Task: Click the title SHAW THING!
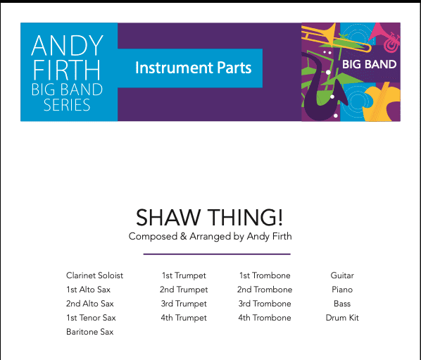(209, 218)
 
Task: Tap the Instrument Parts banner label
(194, 68)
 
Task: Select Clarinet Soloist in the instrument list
(94, 275)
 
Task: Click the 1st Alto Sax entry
(88, 290)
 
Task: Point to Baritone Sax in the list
(89, 332)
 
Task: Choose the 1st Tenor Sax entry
(91, 318)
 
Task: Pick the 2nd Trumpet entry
(184, 290)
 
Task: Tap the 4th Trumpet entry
(184, 318)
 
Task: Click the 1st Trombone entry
(265, 275)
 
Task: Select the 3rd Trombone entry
(265, 304)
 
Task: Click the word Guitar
(342, 275)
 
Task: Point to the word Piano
(342, 290)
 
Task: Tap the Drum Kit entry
(342, 318)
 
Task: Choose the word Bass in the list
(342, 304)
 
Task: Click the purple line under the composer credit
(217, 254)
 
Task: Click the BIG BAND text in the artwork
(369, 65)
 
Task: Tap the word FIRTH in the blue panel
(67, 70)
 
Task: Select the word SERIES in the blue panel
(67, 105)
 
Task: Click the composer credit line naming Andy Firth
(210, 237)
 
